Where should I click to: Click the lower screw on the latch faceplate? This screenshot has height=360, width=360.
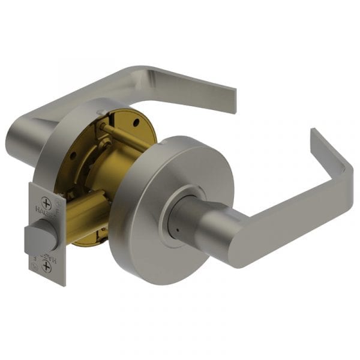tap(47, 267)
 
